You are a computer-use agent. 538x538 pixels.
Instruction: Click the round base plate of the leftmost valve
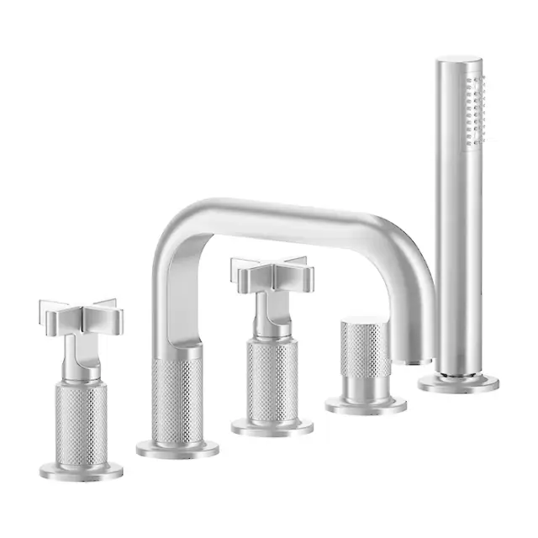[x=82, y=470]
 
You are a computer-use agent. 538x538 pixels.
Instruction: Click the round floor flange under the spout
[x=177, y=449]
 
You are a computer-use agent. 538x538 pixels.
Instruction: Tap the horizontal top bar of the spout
[x=277, y=214]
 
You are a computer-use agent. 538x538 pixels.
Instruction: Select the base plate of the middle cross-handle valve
[x=272, y=427]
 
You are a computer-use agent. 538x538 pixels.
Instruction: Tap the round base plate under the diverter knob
[x=366, y=405]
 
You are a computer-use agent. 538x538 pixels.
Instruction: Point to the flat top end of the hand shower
[x=459, y=60]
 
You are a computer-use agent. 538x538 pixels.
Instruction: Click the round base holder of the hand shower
[x=458, y=382]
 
